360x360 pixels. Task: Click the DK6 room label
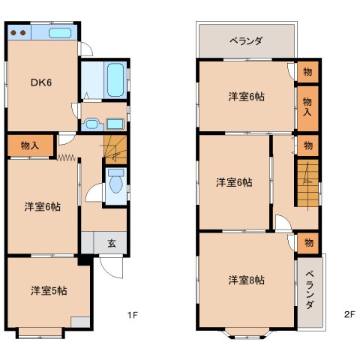click(x=41, y=82)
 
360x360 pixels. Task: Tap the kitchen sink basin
click(x=60, y=33)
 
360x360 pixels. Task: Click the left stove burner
click(x=13, y=33)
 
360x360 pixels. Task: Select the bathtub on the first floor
click(x=115, y=79)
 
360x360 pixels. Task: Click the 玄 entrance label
click(x=112, y=243)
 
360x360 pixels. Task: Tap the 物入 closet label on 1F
click(x=30, y=145)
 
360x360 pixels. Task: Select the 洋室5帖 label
click(x=49, y=291)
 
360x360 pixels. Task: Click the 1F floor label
click(x=133, y=315)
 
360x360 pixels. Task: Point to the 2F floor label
click(x=349, y=314)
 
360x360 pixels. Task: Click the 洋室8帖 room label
click(x=246, y=280)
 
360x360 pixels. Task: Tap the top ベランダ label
click(x=246, y=40)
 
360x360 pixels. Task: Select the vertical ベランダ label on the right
click(x=310, y=290)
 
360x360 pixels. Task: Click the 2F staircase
click(x=307, y=183)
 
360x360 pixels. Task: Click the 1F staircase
click(x=115, y=150)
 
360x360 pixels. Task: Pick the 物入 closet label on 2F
click(x=307, y=106)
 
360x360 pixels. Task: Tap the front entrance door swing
click(x=111, y=266)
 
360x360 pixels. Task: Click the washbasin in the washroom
click(x=91, y=124)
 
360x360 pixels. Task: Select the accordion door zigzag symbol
click(x=66, y=157)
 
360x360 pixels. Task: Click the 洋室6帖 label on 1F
click(x=43, y=207)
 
